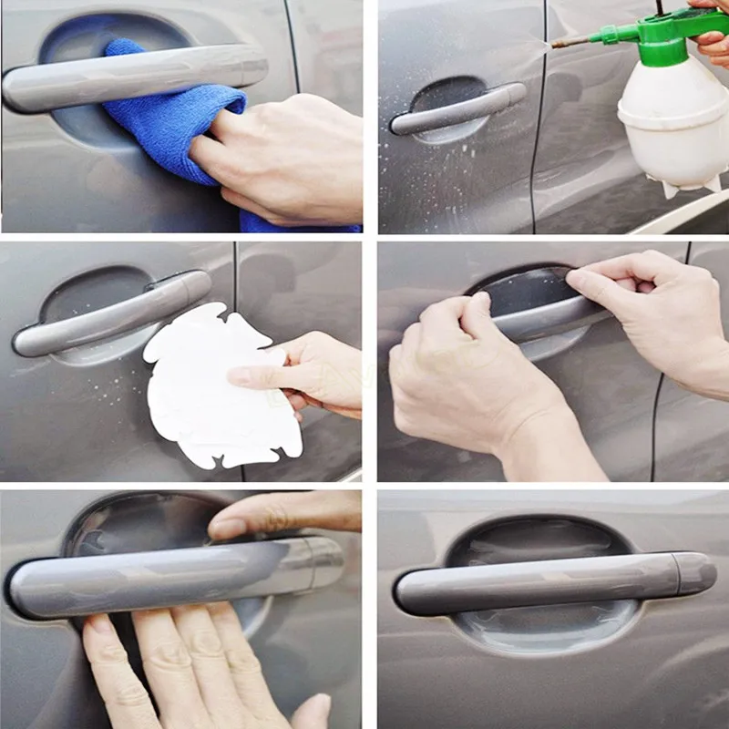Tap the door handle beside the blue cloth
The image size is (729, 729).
tap(137, 77)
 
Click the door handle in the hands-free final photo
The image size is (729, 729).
tap(547, 583)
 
